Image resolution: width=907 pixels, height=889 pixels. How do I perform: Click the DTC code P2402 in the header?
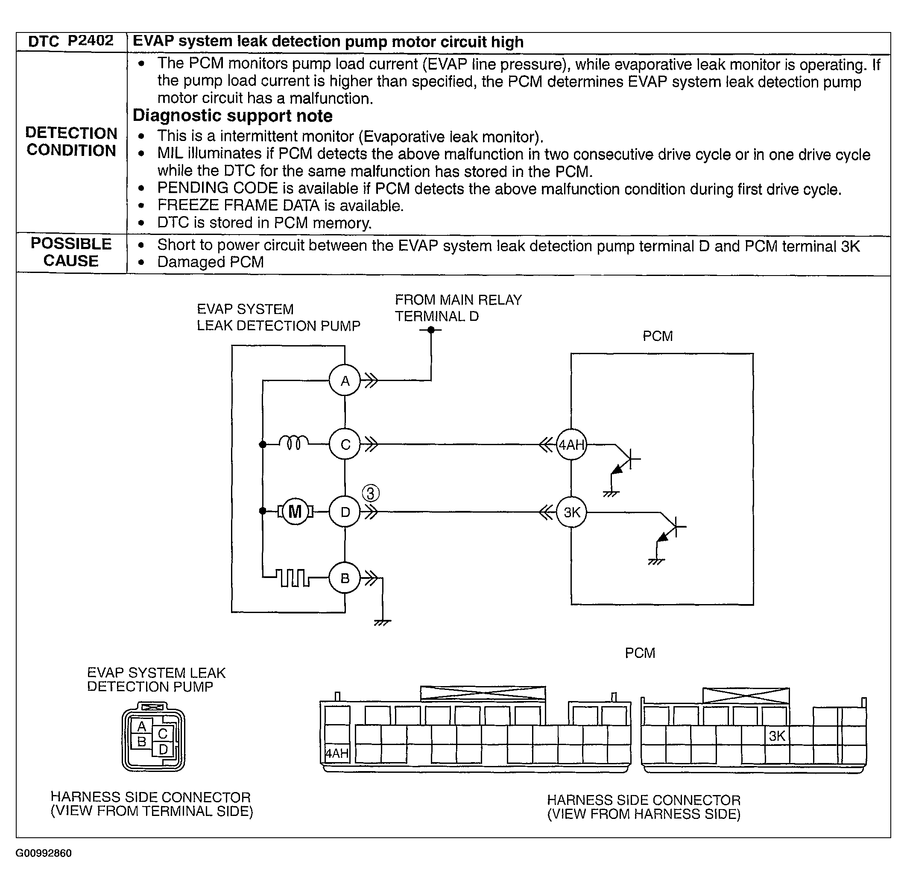[90, 41]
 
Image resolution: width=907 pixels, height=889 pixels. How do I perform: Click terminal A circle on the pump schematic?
[345, 381]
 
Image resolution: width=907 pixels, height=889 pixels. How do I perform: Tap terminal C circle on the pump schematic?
[345, 444]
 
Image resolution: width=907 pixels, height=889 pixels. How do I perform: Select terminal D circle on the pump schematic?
[345, 512]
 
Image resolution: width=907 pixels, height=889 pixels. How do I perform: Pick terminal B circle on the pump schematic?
[345, 578]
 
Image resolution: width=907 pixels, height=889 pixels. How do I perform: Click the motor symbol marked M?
[295, 512]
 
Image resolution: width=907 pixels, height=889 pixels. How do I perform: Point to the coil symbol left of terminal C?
[294, 442]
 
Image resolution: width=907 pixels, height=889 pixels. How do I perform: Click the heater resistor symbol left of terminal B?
[292, 578]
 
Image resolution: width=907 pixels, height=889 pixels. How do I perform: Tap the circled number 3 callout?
[371, 493]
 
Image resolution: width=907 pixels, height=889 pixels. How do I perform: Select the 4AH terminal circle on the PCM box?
[571, 444]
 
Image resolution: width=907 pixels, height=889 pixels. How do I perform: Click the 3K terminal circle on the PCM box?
[571, 512]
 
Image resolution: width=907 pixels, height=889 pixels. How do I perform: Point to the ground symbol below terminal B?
[382, 622]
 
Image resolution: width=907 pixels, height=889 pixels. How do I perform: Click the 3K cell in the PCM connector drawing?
[776, 736]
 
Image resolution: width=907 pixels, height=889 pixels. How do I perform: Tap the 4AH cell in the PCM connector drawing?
[336, 753]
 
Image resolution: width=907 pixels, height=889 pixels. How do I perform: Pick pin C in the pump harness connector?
[162, 733]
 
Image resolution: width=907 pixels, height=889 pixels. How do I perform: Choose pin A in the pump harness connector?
[142, 727]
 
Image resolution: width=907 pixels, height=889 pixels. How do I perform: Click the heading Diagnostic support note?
[232, 116]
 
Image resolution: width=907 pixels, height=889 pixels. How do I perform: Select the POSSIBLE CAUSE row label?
[71, 252]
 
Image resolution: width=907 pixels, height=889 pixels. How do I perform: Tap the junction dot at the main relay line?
[431, 330]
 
